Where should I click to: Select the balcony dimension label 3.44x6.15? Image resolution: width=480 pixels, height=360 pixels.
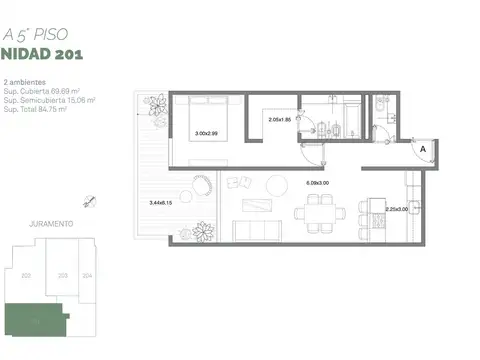(161, 203)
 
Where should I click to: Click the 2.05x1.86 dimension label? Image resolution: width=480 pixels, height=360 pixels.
(280, 120)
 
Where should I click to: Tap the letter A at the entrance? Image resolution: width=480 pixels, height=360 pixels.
(423, 148)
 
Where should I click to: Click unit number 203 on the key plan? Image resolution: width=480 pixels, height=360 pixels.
(63, 274)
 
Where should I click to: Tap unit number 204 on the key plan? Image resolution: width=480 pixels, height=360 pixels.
(87, 274)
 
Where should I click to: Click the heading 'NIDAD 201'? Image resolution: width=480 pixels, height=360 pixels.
(42, 53)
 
